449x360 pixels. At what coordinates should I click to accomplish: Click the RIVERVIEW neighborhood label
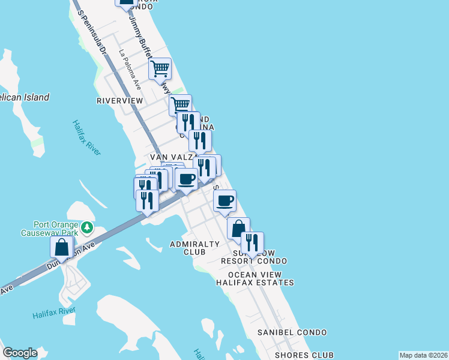coord(120,101)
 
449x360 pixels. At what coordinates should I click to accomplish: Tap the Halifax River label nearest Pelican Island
coord(86,139)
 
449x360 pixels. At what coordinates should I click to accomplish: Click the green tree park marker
coord(88,228)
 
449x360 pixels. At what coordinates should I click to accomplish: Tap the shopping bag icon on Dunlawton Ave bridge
coord(62,247)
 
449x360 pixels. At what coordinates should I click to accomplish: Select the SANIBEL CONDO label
coord(292,332)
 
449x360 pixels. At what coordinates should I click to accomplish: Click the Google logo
coord(20,353)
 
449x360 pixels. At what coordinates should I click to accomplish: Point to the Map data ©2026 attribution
coord(423,355)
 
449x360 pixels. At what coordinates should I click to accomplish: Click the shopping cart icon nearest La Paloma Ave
coord(160,69)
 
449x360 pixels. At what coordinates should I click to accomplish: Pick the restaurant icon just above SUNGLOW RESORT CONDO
coord(252,242)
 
